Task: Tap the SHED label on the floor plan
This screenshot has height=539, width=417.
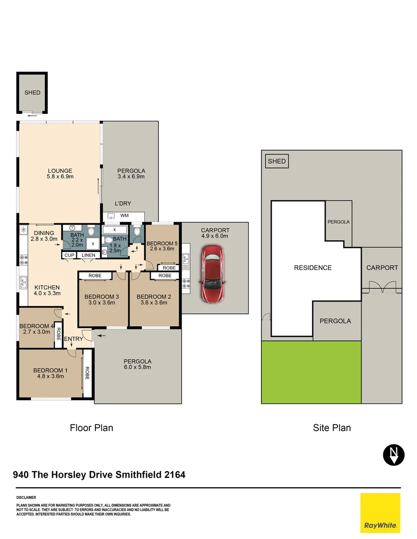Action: pos(32,92)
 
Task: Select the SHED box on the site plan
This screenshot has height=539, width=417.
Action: pos(277,161)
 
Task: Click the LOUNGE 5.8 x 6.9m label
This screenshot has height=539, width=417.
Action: pos(60,174)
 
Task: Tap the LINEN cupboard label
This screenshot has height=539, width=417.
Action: pos(88,256)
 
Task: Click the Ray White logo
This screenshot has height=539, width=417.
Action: pos(380,513)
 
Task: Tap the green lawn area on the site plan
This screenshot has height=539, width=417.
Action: pos(311,372)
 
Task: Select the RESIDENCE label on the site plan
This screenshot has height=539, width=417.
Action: pos(313,268)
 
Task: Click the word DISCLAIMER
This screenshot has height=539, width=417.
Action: pos(26,498)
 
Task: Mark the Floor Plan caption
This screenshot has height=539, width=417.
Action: pos(91,428)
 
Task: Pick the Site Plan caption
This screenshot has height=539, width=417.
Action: pos(332,428)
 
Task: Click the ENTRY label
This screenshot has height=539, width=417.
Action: pos(73,339)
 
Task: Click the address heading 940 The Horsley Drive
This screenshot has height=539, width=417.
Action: pos(99,475)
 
